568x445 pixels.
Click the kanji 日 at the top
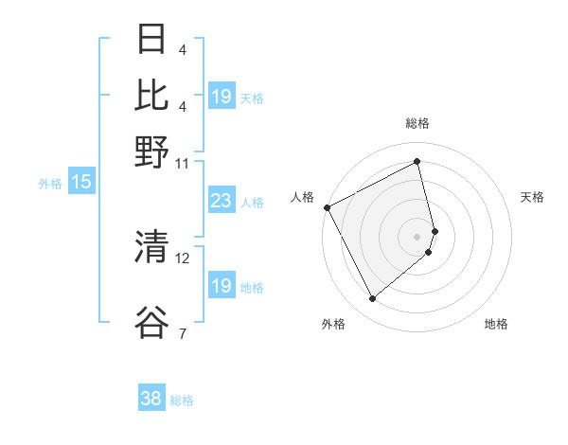tap(151, 41)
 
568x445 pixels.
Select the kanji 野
tap(151, 151)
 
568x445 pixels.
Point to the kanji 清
tap(151, 247)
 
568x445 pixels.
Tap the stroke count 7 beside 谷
tap(182, 332)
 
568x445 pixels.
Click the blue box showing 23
tap(221, 202)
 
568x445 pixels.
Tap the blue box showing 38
tap(151, 400)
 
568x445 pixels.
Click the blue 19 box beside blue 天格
tap(221, 98)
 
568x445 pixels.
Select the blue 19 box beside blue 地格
tap(221, 286)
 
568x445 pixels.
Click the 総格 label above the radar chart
tap(417, 124)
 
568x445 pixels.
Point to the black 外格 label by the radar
tap(332, 325)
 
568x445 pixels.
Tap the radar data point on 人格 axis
tap(327, 207)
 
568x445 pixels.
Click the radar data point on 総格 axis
tap(417, 161)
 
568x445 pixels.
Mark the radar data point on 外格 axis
tap(372, 299)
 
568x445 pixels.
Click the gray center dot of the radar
tap(417, 236)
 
